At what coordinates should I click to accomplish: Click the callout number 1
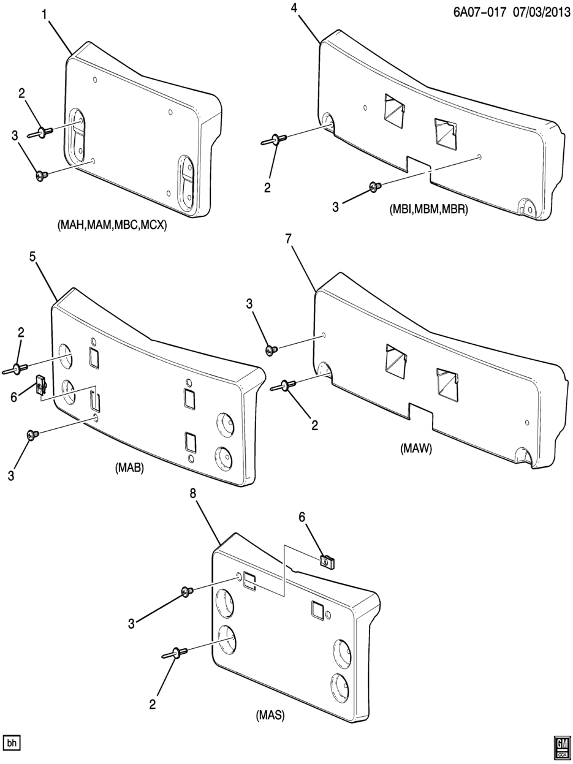point(45,15)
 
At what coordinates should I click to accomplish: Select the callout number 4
point(294,7)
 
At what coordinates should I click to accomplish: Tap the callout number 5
point(32,257)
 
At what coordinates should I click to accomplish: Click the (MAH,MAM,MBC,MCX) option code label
point(112,225)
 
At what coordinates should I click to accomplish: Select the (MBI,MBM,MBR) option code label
point(428,209)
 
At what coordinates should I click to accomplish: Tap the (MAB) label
point(129,468)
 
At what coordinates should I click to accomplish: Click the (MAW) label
point(416,449)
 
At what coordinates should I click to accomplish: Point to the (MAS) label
point(270,715)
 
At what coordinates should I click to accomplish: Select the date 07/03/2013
point(541,13)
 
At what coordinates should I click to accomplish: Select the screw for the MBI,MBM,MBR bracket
point(375,187)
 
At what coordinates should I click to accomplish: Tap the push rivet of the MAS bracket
point(175,652)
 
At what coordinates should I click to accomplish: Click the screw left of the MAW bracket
point(271,349)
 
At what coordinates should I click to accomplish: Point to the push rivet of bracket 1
point(40,132)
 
